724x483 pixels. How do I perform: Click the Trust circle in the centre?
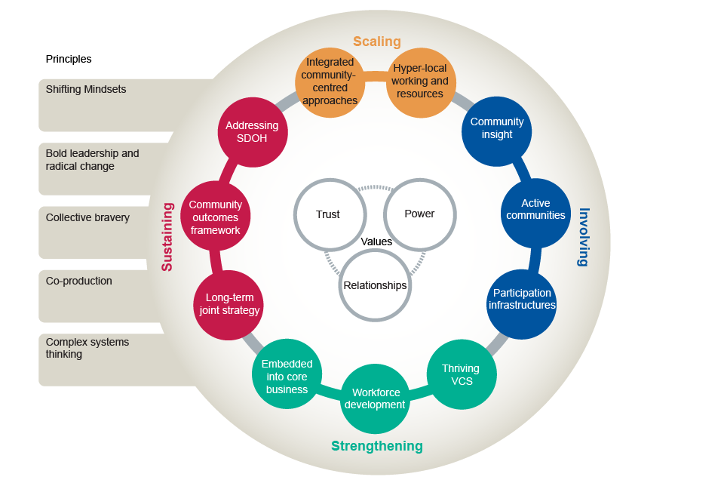coord(328,214)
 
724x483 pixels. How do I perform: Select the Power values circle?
coord(419,214)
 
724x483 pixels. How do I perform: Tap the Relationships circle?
coord(375,285)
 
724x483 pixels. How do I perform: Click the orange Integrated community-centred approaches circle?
coord(329,82)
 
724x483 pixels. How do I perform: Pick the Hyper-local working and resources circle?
coord(421,82)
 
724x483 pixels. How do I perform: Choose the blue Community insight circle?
coord(496,129)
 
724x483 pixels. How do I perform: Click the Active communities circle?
coord(535,210)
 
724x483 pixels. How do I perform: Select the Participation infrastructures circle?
coord(522,300)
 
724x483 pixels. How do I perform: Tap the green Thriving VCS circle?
coord(462,375)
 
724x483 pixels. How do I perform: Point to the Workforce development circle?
coord(375,398)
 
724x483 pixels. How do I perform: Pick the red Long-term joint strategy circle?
coord(229,304)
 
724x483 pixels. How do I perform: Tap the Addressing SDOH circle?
coord(252,132)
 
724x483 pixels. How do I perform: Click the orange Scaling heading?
coord(377,42)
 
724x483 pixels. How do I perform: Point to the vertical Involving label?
coord(583,237)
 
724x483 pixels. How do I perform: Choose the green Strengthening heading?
coord(377,446)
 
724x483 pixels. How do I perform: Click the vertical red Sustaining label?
coord(167,236)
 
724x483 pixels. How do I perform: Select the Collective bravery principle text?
coord(87,218)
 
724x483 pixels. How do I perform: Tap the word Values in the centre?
coord(376,242)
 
